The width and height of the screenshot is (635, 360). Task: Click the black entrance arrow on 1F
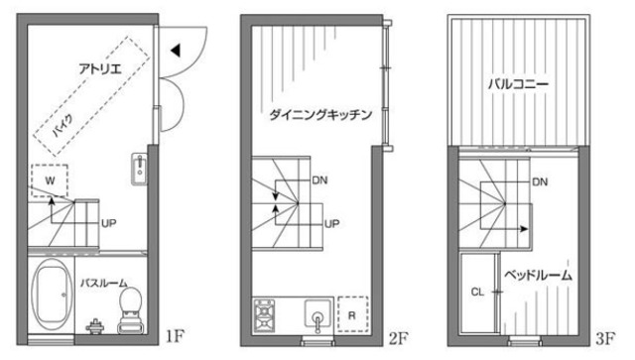(x=174, y=49)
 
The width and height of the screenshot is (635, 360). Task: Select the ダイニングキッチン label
(x=320, y=115)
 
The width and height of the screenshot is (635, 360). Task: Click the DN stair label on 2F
(x=319, y=180)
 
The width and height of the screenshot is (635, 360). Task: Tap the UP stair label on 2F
(x=333, y=223)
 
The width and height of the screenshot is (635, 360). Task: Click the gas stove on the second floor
(x=266, y=317)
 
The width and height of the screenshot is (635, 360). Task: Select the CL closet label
(x=477, y=293)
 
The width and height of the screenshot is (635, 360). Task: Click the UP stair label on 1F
(x=109, y=223)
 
